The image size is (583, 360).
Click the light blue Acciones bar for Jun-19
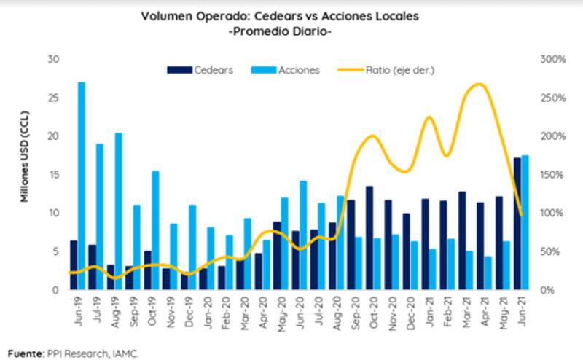point(81,186)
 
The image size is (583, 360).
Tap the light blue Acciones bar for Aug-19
point(119,211)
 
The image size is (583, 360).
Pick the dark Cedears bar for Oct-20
point(369,238)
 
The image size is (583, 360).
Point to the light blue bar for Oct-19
point(156,230)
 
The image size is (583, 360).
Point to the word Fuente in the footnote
point(23,353)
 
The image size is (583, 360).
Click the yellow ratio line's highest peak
point(477,84)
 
